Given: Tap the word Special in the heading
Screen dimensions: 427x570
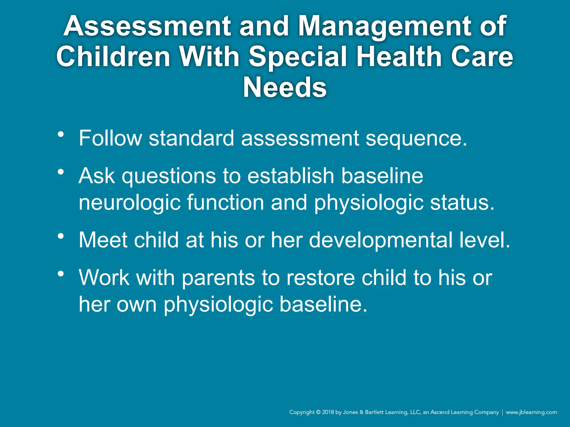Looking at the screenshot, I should click(x=298, y=57).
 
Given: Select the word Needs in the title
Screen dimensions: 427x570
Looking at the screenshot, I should click(x=285, y=88).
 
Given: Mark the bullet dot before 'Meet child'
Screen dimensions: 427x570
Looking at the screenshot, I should click(x=61, y=237).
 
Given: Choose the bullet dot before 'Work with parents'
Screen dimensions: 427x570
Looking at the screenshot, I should click(x=61, y=274).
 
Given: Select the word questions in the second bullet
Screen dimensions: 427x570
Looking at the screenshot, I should click(x=169, y=176).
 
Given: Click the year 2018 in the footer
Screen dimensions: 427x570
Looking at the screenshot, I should click(x=328, y=412).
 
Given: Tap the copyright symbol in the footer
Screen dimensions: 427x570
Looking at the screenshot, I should click(x=318, y=412).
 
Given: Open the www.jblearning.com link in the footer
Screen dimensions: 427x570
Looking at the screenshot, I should click(x=531, y=412).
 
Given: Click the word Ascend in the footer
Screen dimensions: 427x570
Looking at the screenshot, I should click(x=440, y=412).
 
